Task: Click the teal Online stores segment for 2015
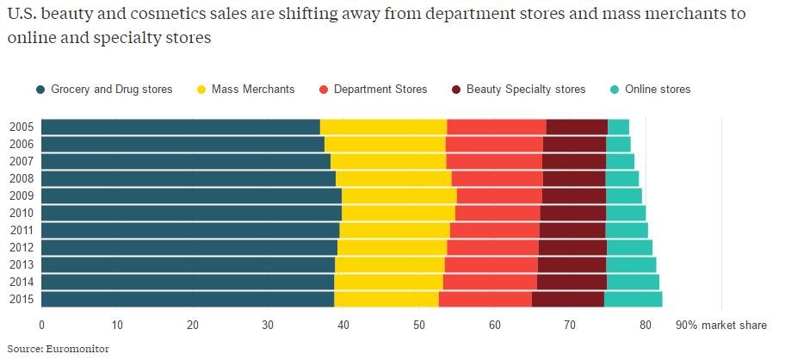pos(633,299)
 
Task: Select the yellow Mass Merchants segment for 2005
pos(383,127)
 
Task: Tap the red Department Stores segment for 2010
pos(498,213)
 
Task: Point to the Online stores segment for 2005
pos(618,127)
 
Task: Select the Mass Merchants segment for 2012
pos(392,247)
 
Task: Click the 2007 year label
pos(21,161)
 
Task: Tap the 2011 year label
pos(21,230)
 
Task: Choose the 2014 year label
pos(21,282)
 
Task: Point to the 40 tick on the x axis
pos(343,325)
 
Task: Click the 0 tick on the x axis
pos(41,325)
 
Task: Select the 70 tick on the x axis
pos(570,325)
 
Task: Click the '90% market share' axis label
pos(721,325)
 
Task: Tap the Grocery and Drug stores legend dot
pos(40,90)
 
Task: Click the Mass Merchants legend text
pos(254,90)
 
